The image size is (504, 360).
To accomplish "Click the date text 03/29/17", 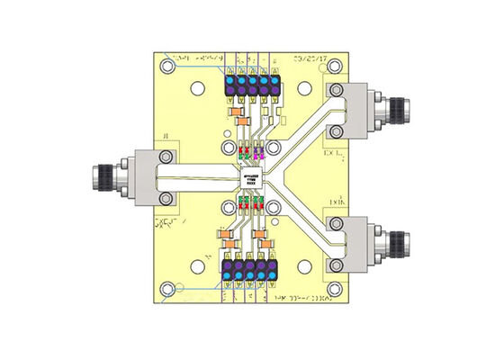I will tap(310, 59).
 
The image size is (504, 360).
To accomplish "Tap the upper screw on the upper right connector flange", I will tap(335, 88).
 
